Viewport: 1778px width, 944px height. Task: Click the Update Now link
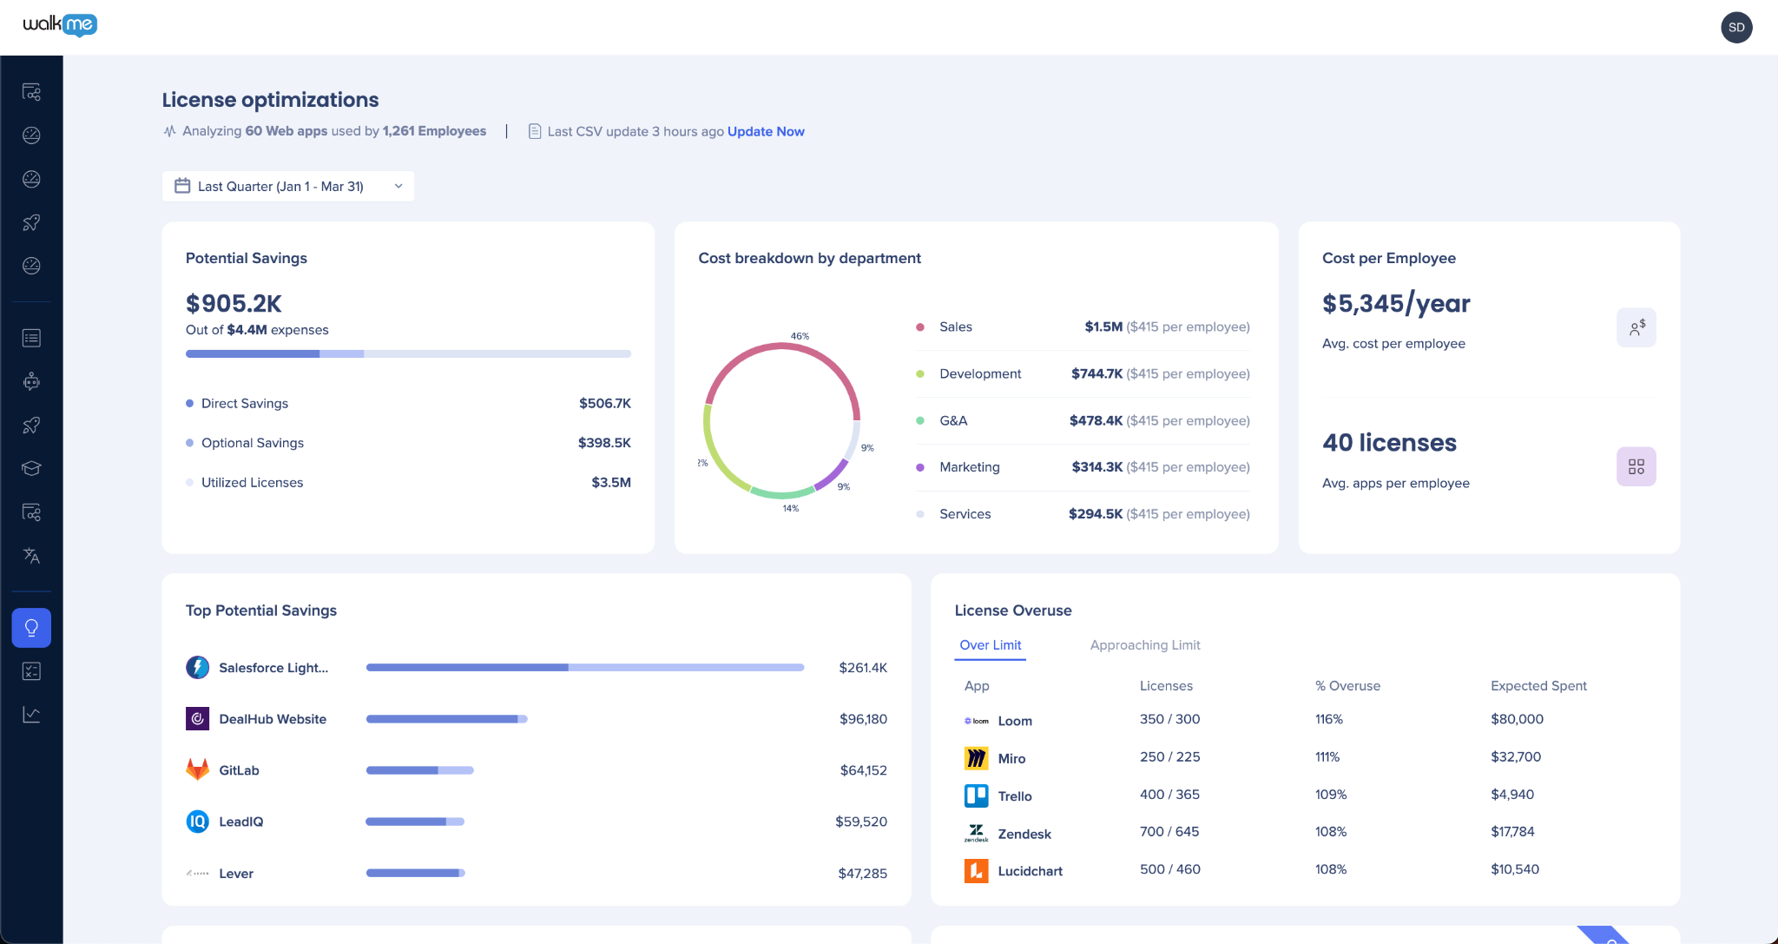click(766, 131)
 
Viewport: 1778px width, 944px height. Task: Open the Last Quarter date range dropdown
click(288, 186)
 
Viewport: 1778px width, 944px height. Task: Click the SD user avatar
click(1736, 27)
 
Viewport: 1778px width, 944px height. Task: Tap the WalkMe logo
click(60, 25)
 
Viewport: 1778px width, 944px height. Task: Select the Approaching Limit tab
click(1145, 645)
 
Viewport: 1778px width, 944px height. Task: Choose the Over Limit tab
click(991, 645)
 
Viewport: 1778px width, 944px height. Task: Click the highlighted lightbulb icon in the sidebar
click(31, 628)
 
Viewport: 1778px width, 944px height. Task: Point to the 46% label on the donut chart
click(800, 336)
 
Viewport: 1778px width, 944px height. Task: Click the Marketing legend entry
click(970, 467)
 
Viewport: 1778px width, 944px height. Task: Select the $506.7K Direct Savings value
click(605, 403)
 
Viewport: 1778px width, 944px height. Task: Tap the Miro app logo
click(977, 758)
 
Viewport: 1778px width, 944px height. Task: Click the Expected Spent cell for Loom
click(1518, 719)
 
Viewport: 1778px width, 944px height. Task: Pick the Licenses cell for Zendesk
click(1169, 832)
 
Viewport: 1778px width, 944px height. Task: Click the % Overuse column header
click(1347, 686)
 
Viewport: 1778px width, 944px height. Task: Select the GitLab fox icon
click(197, 769)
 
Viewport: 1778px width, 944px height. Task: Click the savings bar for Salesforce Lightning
click(585, 668)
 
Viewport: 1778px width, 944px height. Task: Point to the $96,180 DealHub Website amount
click(863, 719)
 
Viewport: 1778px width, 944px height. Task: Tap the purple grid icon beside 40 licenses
click(1636, 466)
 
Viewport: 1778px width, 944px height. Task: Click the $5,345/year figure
click(1396, 304)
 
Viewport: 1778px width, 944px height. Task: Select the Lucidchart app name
click(1031, 871)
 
